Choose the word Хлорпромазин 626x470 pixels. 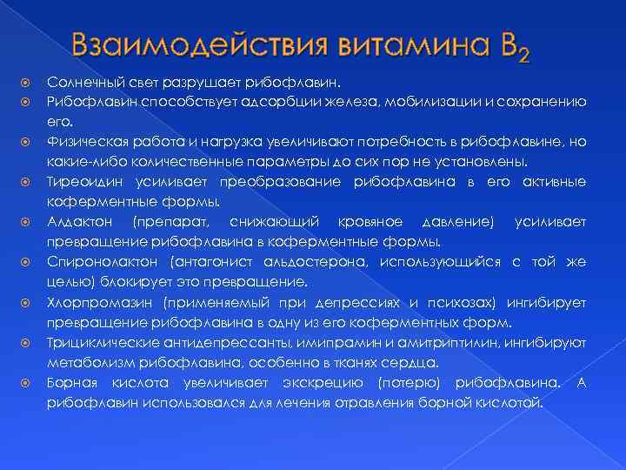point(97,303)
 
